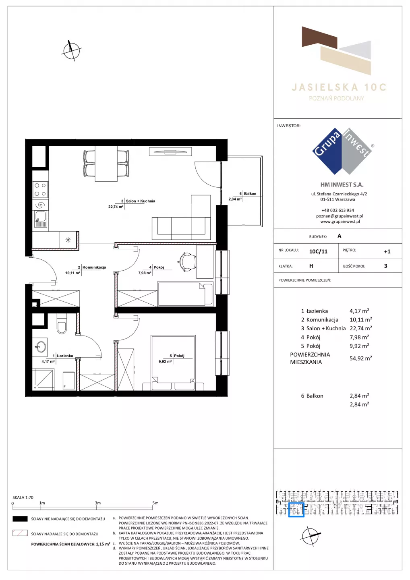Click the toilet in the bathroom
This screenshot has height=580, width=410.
coord(62,324)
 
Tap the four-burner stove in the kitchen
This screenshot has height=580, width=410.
coord(40,190)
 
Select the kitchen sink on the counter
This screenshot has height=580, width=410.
coord(40,219)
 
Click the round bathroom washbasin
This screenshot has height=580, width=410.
coord(41,346)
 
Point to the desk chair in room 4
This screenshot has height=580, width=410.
coord(186,261)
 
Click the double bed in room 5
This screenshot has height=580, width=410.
coord(173,362)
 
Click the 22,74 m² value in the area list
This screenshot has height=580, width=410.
coord(360,328)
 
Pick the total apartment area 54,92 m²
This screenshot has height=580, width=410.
coord(360,358)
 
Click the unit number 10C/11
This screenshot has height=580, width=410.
coord(318,251)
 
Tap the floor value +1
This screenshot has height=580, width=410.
coord(387,251)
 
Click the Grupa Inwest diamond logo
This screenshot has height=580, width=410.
coord(342,151)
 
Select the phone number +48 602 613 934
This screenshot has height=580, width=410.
coord(338,210)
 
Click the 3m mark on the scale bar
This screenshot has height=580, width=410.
coord(97,503)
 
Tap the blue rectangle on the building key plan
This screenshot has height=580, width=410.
coord(296,510)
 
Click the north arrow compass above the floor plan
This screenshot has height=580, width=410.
coord(71,50)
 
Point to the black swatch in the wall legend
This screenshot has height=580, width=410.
coord(20,519)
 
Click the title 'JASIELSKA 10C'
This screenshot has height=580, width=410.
coord(339,87)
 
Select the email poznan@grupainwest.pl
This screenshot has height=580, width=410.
coord(340,216)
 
